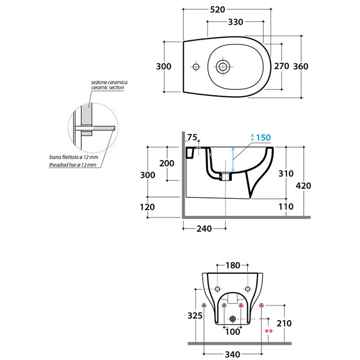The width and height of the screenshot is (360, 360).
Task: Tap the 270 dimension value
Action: (281, 66)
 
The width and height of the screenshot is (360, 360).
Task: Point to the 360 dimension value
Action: (301, 66)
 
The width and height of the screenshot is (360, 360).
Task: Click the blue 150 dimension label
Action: (263, 138)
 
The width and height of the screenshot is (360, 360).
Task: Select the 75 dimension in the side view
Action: (192, 138)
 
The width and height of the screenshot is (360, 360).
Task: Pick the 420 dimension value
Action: (303, 186)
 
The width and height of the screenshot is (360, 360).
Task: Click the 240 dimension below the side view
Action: (204, 229)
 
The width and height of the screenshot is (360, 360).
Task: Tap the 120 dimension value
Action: (148, 207)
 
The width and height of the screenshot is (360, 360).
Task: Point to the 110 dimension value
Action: (286, 207)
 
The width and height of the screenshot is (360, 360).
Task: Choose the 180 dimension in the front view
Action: (232, 265)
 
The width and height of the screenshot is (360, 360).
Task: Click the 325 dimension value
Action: (194, 316)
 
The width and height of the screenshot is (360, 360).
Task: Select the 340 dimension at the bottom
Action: (232, 355)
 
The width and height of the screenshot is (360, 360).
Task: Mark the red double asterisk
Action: (269, 332)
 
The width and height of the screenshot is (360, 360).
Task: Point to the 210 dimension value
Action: (284, 323)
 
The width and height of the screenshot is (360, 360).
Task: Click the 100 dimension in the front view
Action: (232, 332)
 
